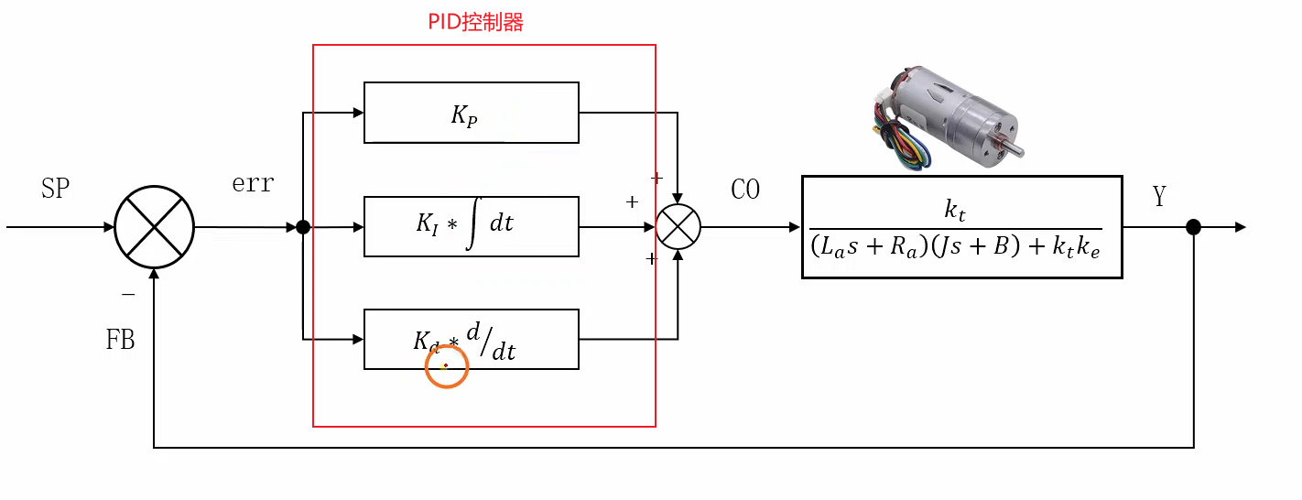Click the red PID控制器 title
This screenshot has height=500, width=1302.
(475, 23)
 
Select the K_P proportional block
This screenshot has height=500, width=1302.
(471, 113)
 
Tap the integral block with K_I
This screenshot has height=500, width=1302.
(471, 226)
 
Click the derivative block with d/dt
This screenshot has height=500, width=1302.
(471, 339)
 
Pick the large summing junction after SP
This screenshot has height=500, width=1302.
(154, 227)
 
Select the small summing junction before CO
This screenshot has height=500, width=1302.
(678, 227)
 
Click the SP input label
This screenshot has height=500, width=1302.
(56, 189)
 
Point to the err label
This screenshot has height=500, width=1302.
(253, 183)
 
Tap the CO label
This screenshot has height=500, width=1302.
(745, 190)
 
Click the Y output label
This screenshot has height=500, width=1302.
(1160, 196)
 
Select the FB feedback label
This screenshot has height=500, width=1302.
(120, 341)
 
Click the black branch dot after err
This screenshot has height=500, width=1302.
(303, 227)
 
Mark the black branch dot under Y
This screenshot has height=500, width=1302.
(1193, 227)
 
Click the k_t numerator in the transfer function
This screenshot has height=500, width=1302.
(955, 211)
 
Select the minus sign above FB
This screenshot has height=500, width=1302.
(128, 294)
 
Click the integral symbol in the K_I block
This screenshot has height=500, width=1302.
(472, 226)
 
